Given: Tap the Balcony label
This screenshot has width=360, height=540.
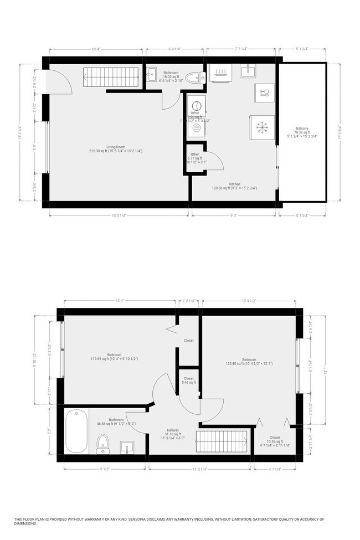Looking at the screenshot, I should point(301,131).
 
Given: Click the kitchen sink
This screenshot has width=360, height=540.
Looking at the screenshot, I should point(248,70).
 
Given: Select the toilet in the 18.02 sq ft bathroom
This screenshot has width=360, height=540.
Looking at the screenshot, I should point(194,78).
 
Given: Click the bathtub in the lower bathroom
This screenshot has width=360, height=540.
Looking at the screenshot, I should point(76,431).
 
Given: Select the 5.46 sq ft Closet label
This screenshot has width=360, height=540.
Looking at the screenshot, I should point(189,380).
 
